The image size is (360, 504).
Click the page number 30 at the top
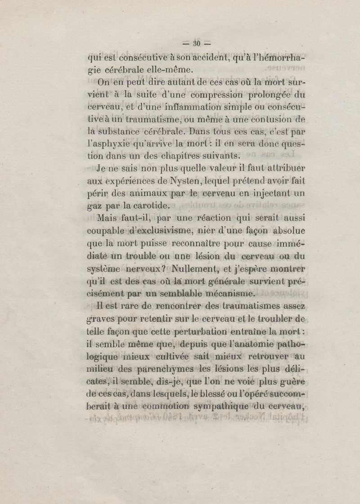[196, 44]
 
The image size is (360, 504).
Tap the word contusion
[266, 120]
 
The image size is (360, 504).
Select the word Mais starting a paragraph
[106, 218]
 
